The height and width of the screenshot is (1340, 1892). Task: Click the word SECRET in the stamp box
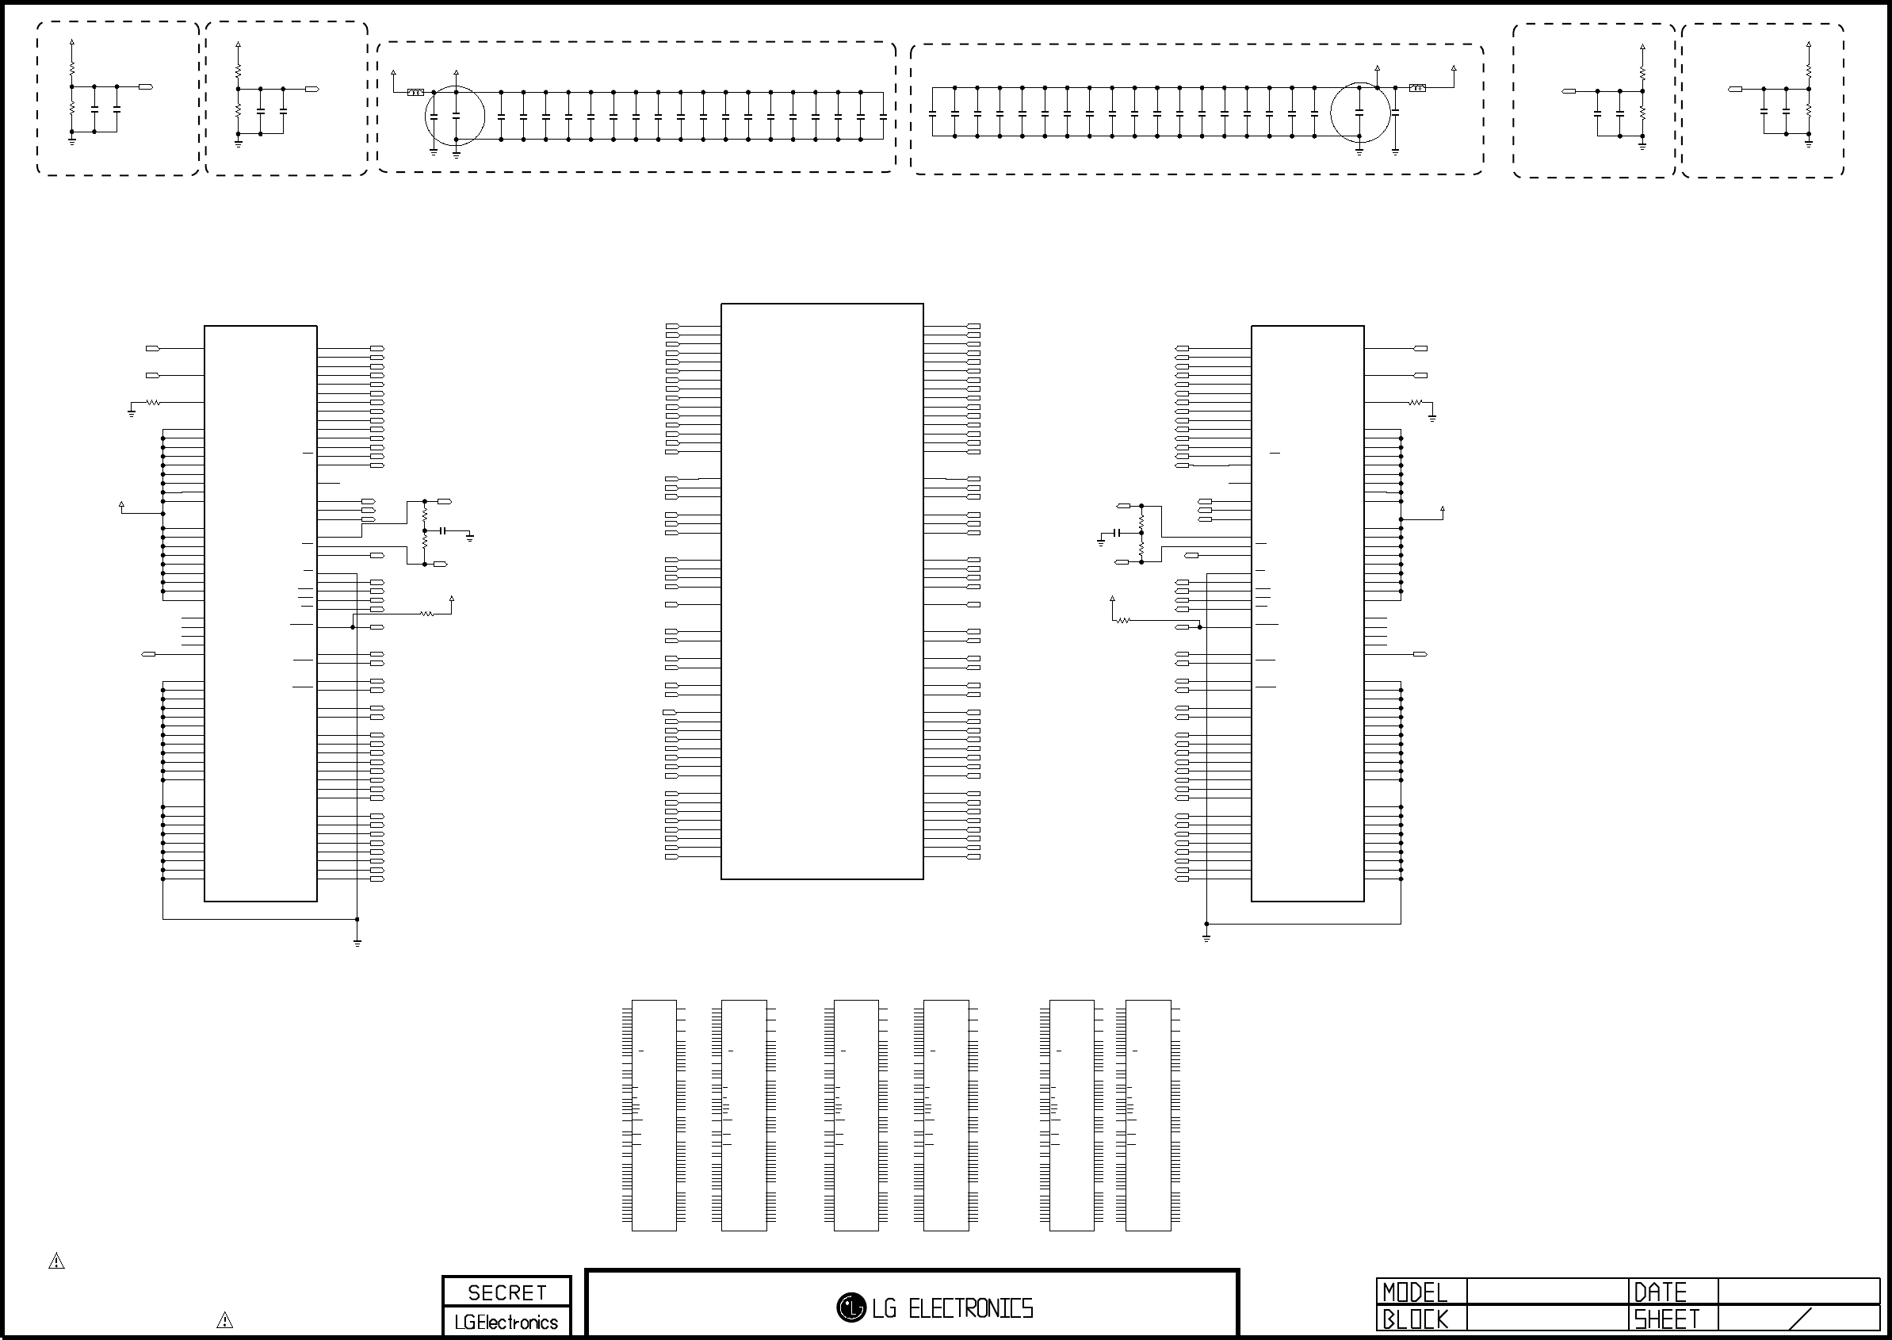[507, 1292]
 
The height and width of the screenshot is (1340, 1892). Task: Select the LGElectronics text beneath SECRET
[506, 1322]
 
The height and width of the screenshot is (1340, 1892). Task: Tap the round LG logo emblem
[851, 1307]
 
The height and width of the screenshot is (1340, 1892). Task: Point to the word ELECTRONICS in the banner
[971, 1308]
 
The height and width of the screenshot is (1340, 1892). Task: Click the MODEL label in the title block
[1415, 1292]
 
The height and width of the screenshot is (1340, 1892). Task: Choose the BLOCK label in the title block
[1415, 1319]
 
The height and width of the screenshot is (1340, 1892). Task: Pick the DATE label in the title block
[1661, 1292]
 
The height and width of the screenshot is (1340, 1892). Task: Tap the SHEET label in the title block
[1667, 1319]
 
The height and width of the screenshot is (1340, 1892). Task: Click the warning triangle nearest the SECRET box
[224, 1320]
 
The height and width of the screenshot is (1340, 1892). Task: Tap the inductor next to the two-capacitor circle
[415, 93]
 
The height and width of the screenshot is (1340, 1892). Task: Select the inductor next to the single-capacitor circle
[1417, 87]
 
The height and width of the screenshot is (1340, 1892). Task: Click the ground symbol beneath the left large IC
[357, 942]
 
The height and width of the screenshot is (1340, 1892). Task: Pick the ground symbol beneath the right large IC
[1206, 938]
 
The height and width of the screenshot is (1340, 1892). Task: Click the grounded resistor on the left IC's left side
[152, 403]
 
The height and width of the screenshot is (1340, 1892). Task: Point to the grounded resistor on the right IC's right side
[1416, 403]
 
